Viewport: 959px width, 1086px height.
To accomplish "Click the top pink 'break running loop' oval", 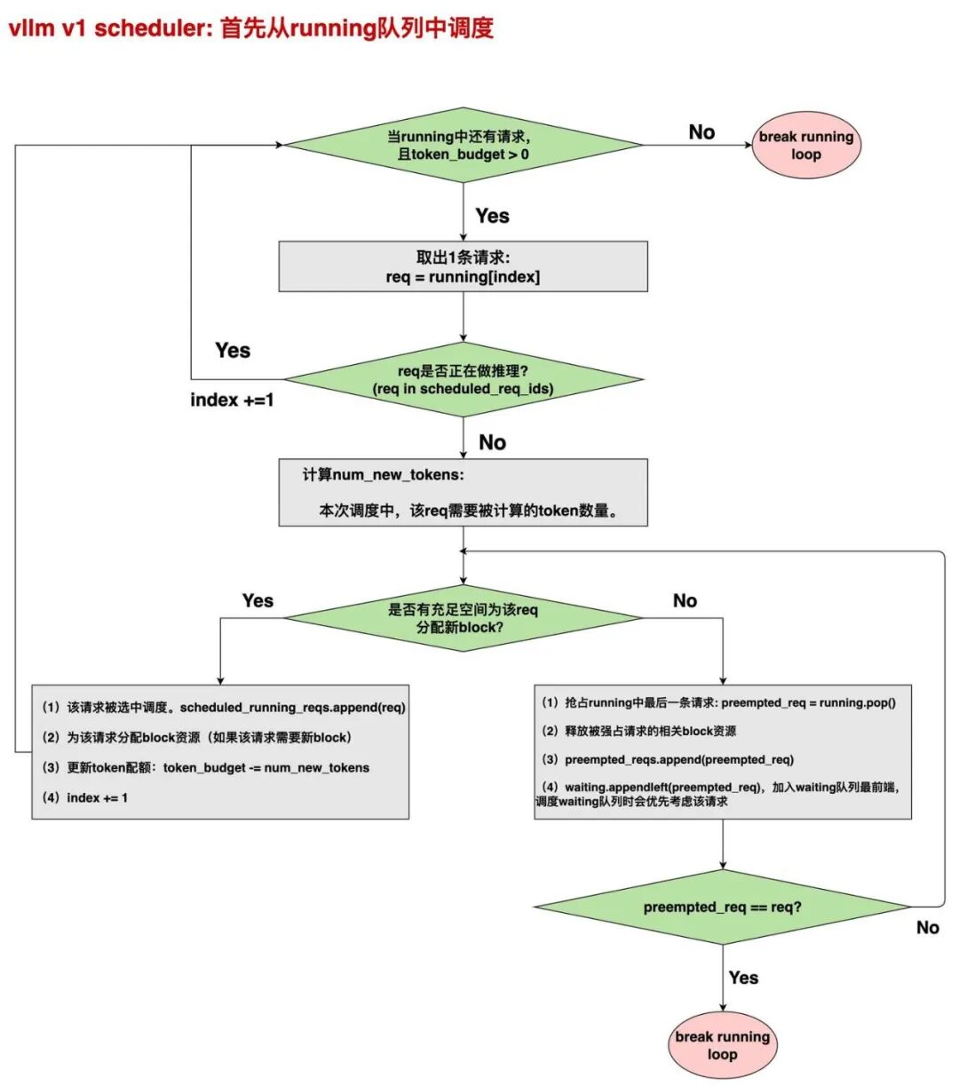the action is point(805,145).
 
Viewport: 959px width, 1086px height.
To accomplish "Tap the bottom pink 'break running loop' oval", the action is point(722,1044).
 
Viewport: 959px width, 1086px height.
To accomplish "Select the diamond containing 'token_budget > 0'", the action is point(464,145).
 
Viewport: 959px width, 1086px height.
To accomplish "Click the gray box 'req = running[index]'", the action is point(464,266).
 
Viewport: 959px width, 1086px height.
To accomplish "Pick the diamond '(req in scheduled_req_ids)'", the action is point(464,379).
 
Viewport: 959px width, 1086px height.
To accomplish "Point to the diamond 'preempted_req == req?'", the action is point(722,907).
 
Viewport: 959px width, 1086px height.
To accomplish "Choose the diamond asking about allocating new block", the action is point(464,618).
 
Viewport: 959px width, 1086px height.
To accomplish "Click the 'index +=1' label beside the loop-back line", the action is point(232,400).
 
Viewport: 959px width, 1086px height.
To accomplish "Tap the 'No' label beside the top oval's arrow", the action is point(701,131).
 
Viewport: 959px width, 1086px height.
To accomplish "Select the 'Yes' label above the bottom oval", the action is point(743,978).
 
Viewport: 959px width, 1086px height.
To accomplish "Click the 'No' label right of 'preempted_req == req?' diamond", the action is point(927,927).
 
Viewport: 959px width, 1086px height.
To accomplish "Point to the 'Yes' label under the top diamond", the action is point(492,216).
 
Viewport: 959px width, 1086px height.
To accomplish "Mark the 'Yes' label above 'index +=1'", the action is point(233,351).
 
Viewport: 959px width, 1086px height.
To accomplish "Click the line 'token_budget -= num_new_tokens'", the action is point(266,767).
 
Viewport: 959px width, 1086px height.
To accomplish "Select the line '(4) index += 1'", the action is point(85,797).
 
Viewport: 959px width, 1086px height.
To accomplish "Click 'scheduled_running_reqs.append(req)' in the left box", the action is point(293,708).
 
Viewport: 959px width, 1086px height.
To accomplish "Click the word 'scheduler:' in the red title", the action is point(155,28).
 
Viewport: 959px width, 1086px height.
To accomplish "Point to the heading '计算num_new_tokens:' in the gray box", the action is point(384,474).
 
